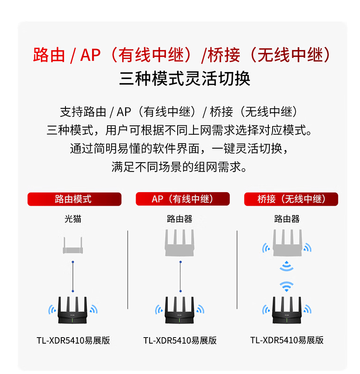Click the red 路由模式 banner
point(74,199)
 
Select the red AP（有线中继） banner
point(182,199)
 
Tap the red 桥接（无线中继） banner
point(291,199)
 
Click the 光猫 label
point(73,219)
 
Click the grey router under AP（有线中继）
point(180,243)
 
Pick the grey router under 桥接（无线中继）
point(288,243)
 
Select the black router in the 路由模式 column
point(72,310)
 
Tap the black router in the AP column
point(180,310)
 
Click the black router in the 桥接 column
point(287,310)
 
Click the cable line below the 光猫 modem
point(73,277)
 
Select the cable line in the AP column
point(180,277)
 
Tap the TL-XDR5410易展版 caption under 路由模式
point(73,340)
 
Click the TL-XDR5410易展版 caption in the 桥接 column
point(287,340)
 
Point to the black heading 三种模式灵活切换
point(185,79)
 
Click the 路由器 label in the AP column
point(180,219)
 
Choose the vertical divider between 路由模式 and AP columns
point(128,270)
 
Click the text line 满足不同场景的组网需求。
point(179,167)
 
